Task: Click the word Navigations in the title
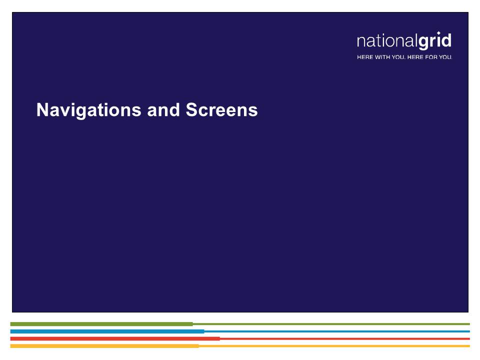click(89, 110)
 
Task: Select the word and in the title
click(163, 109)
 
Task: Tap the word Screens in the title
click(221, 109)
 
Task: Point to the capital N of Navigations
click(41, 109)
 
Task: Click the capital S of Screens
click(191, 109)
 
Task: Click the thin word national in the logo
click(387, 40)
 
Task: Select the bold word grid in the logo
click(434, 40)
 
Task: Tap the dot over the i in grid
click(438, 33)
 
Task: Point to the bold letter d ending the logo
click(446, 40)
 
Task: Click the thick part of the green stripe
click(101, 324)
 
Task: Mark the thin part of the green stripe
click(331, 324)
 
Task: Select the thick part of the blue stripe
click(107, 331)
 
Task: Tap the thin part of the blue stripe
click(337, 331)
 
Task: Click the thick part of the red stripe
click(115, 338)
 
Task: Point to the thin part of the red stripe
click(344, 338)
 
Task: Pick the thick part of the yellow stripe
click(104, 346)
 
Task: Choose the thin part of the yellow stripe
click(334, 346)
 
